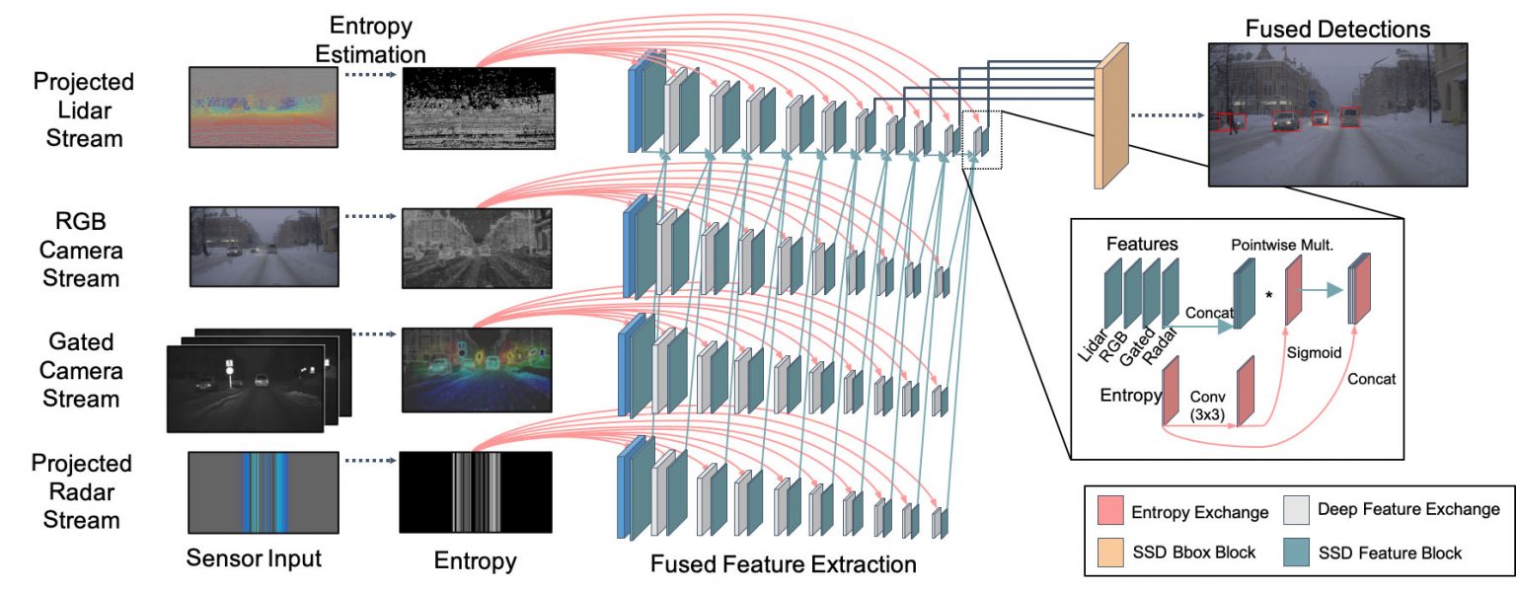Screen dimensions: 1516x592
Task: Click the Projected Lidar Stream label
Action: pyautogui.click(x=84, y=110)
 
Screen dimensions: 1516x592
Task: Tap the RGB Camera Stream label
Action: pyautogui.click(x=81, y=250)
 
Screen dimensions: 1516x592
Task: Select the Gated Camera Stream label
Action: pyautogui.click(x=81, y=370)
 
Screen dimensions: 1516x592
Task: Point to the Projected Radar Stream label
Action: pyautogui.click(x=82, y=491)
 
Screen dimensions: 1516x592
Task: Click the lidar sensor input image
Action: pyautogui.click(x=264, y=107)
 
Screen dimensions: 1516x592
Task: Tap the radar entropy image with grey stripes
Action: pyautogui.click(x=476, y=492)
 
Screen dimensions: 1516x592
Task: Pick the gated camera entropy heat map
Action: pyautogui.click(x=477, y=370)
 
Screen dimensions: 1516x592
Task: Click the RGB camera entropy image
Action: pyautogui.click(x=477, y=249)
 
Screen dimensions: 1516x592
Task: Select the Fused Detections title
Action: pyautogui.click(x=1337, y=29)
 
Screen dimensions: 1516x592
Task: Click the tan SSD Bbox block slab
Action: pyautogui.click(x=1111, y=115)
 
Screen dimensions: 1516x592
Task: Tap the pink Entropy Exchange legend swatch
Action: pyautogui.click(x=1110, y=510)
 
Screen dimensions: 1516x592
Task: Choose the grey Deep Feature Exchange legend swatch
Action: pyautogui.click(x=1296, y=510)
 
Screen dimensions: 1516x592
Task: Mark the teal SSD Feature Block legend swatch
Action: pyautogui.click(x=1296, y=553)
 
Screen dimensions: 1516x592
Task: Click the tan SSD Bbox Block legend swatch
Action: pyautogui.click(x=1110, y=553)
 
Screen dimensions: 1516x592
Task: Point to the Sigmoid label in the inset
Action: pyautogui.click(x=1314, y=352)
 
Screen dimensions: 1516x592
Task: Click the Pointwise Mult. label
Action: pyautogui.click(x=1282, y=245)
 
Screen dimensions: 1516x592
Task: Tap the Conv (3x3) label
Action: pyautogui.click(x=1207, y=406)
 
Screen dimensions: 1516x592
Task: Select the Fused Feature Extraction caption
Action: pyautogui.click(x=783, y=563)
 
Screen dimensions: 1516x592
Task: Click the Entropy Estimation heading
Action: pyautogui.click(x=370, y=39)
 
